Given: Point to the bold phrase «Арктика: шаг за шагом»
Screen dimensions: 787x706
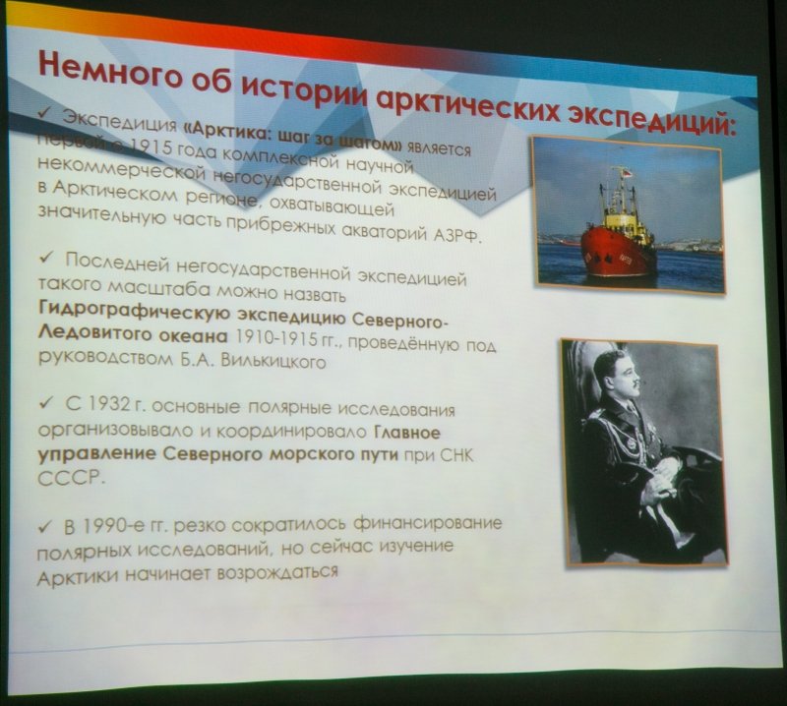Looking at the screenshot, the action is pyautogui.click(x=293, y=136).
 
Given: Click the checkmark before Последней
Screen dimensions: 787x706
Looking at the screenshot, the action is pyautogui.click(x=46, y=258).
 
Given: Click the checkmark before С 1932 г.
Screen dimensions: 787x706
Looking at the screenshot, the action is pyautogui.click(x=46, y=402).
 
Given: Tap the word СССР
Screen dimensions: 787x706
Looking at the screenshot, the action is pyautogui.click(x=69, y=477).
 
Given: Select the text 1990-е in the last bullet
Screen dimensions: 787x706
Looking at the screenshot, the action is pyautogui.click(x=119, y=527).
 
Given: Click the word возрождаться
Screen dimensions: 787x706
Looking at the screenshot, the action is pyautogui.click(x=276, y=571).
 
